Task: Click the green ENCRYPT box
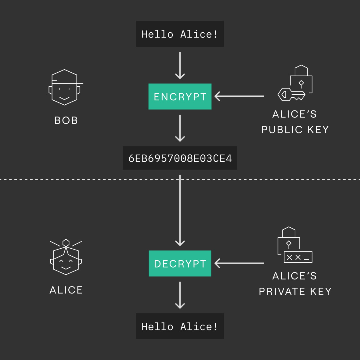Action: click(x=180, y=96)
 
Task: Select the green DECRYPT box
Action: click(x=180, y=264)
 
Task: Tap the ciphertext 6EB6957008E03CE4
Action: click(x=180, y=158)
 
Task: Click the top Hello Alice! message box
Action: click(x=180, y=34)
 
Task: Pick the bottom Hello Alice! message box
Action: click(x=180, y=326)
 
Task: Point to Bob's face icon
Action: click(x=65, y=88)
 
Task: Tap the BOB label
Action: click(x=66, y=121)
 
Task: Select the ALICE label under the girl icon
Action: click(x=66, y=290)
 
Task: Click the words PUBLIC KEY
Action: click(x=295, y=130)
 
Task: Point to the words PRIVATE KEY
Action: click(x=295, y=291)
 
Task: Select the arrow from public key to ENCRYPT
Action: click(x=239, y=96)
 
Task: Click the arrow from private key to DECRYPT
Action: click(x=239, y=263)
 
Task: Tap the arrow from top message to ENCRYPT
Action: click(x=180, y=65)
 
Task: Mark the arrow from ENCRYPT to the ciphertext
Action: click(x=180, y=128)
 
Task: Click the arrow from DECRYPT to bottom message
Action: click(x=180, y=295)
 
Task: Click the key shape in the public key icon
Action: click(x=290, y=95)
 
